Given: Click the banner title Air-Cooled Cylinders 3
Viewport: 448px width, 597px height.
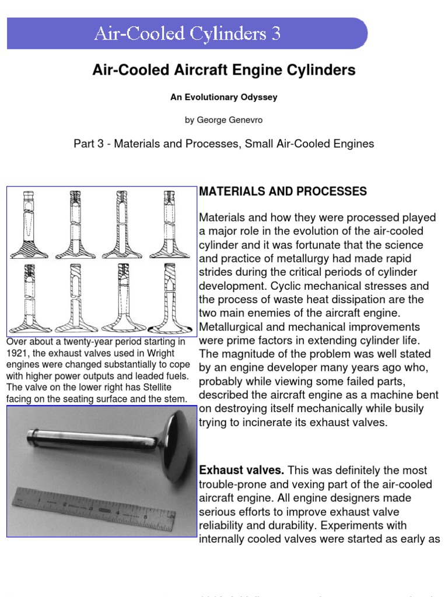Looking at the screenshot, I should click(187, 34).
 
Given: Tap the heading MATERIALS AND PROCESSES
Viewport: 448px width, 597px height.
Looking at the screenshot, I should click(283, 192).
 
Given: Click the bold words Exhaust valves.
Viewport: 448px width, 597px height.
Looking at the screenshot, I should click(242, 470).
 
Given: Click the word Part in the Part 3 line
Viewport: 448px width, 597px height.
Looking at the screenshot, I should click(84, 143).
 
